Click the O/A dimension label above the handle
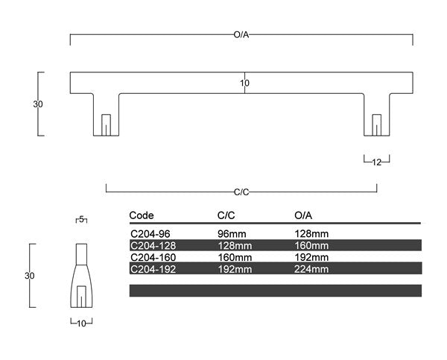tap(241, 35)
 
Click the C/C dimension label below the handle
tap(241, 192)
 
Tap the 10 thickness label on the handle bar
tap(244, 83)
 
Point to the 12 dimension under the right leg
tap(376, 162)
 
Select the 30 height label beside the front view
tap(38, 104)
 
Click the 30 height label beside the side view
tap(29, 276)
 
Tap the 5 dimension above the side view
tap(81, 219)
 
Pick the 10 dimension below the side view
tap(81, 323)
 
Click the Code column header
tap(142, 215)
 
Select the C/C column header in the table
tap(226, 215)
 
